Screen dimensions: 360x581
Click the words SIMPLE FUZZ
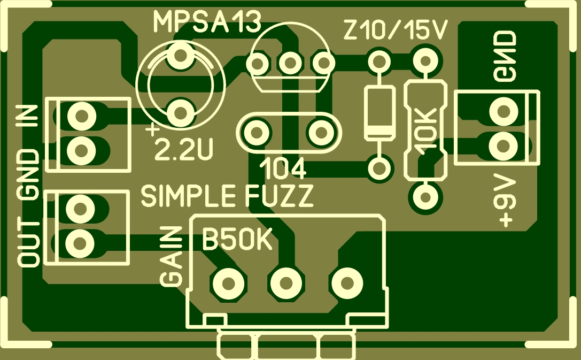click(227, 197)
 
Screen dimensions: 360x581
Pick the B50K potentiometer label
click(238, 241)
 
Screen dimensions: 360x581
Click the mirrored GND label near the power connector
click(506, 57)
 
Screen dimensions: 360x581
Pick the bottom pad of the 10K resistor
click(425, 197)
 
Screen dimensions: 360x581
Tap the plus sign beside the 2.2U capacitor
click(153, 129)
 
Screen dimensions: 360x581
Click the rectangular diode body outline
click(379, 113)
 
